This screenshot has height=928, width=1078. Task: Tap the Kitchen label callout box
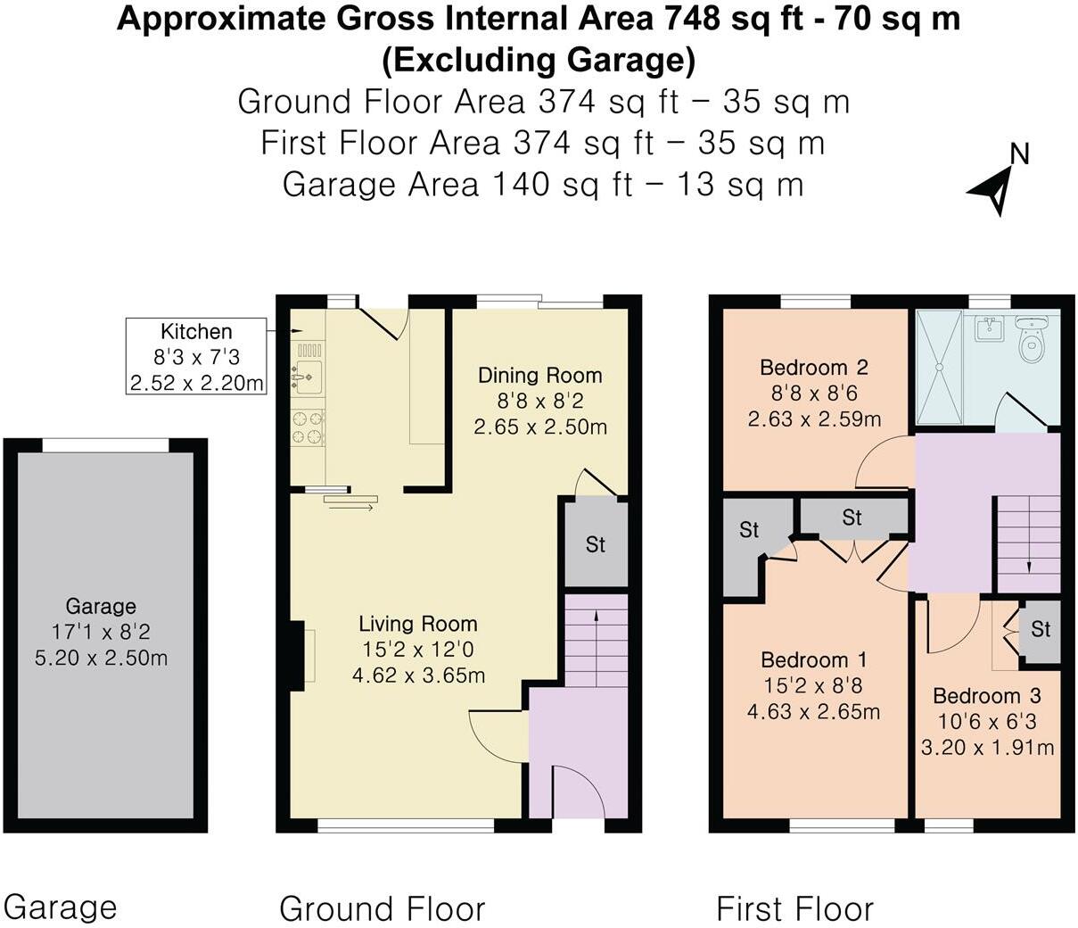[x=196, y=357]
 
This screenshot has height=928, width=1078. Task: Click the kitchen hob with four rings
[x=308, y=426]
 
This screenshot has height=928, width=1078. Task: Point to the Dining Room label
[x=539, y=376]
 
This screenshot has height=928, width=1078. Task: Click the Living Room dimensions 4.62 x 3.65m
[x=418, y=675]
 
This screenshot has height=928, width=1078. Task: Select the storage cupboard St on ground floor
[x=596, y=543]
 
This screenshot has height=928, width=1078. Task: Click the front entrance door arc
[x=579, y=790]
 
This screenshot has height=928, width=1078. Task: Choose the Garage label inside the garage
[x=101, y=607]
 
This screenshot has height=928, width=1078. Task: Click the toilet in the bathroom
[x=1032, y=339]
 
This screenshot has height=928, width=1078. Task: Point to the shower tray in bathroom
[x=938, y=366]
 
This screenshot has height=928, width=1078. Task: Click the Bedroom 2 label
[x=813, y=368]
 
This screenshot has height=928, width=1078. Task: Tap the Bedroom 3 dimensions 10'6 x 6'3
[x=986, y=722]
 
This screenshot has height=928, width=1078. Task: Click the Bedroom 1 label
[x=813, y=660]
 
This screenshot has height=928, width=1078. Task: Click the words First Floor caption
[x=794, y=909]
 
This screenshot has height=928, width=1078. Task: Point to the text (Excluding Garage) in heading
[x=539, y=61]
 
